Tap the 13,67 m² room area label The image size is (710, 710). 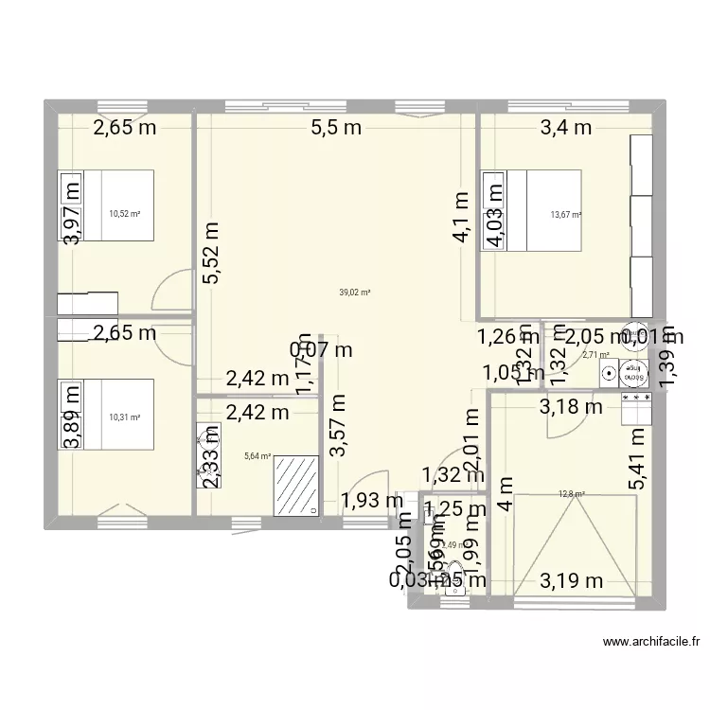coord(566,214)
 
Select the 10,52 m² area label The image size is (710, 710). coord(124,214)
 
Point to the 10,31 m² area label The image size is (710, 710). coord(124,417)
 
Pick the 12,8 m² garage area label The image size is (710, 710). coord(572,493)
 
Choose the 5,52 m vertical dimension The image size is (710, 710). coord(209,253)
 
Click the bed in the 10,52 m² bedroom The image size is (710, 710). coord(106,205)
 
